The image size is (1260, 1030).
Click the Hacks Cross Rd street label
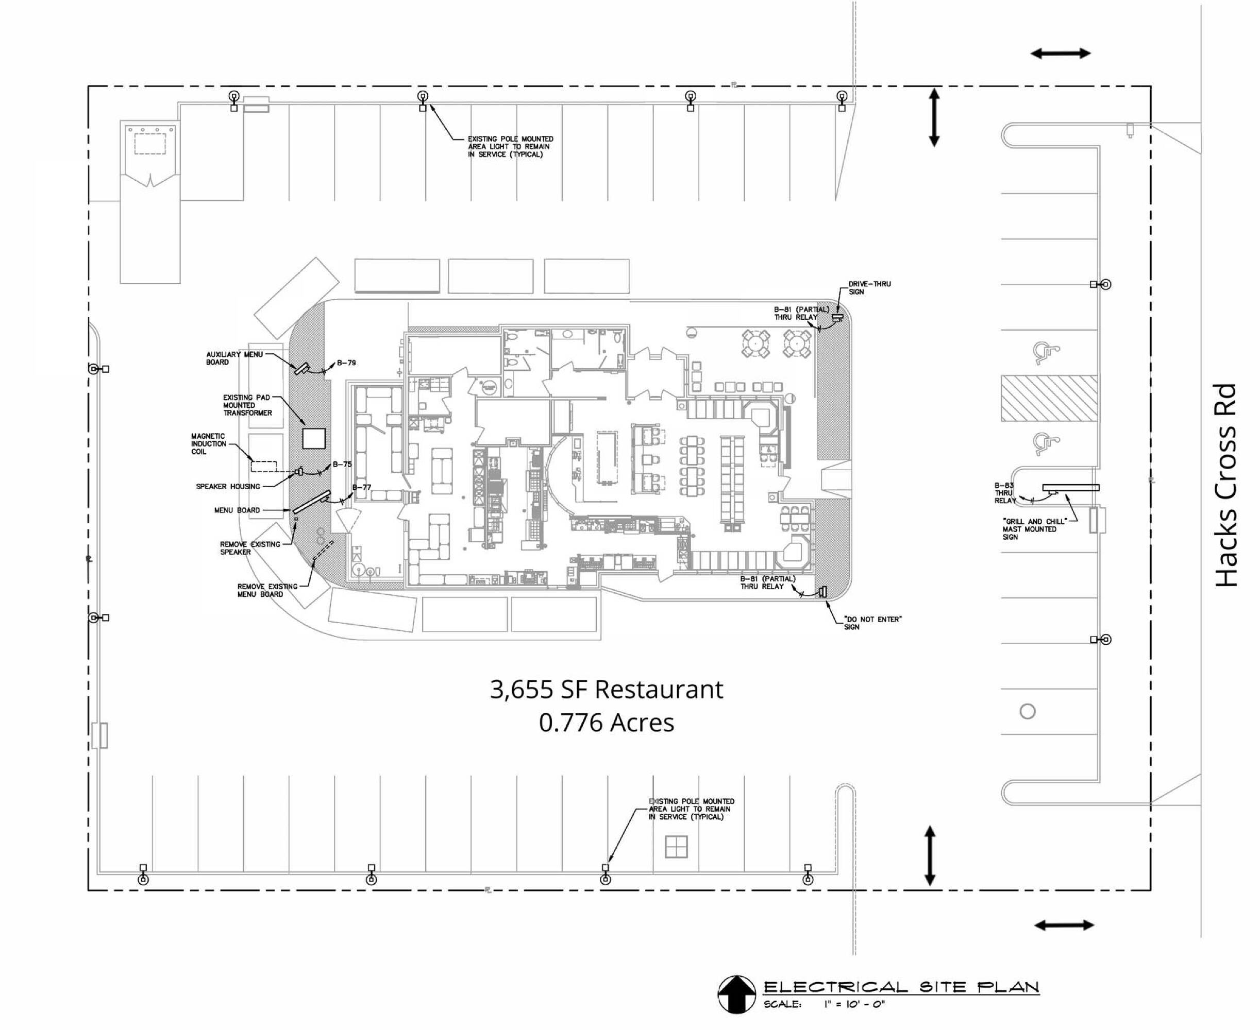[1225, 485]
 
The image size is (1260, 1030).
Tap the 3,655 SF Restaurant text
[606, 690]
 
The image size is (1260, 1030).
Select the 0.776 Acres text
[606, 723]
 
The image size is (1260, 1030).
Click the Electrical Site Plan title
[901, 987]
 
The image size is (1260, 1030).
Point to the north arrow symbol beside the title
[736, 994]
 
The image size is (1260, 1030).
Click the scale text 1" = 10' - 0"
[854, 1004]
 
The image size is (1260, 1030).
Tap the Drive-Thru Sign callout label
[869, 288]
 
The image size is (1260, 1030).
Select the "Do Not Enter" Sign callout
[872, 623]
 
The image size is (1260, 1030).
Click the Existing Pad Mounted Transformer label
[247, 405]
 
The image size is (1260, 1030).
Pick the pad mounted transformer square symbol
[314, 438]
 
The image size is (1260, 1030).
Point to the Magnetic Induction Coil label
[208, 444]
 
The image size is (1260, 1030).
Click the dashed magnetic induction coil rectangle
[264, 467]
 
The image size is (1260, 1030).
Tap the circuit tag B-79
[346, 363]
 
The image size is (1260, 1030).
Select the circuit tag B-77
[362, 488]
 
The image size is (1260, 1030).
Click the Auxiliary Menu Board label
[234, 358]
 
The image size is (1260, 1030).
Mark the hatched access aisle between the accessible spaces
[1049, 398]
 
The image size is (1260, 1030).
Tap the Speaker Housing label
[228, 487]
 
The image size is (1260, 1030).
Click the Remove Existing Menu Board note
[267, 590]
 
